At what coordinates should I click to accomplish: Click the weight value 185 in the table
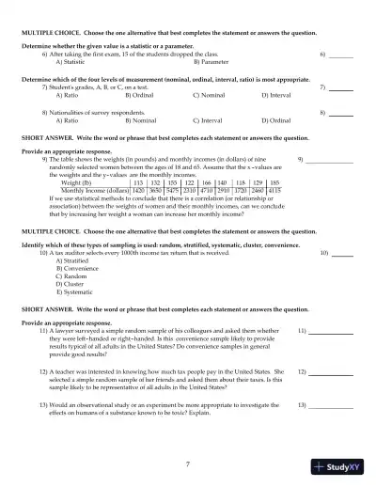(274, 182)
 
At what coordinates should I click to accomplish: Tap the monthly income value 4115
(274, 190)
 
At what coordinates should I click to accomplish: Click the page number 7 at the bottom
(188, 463)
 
